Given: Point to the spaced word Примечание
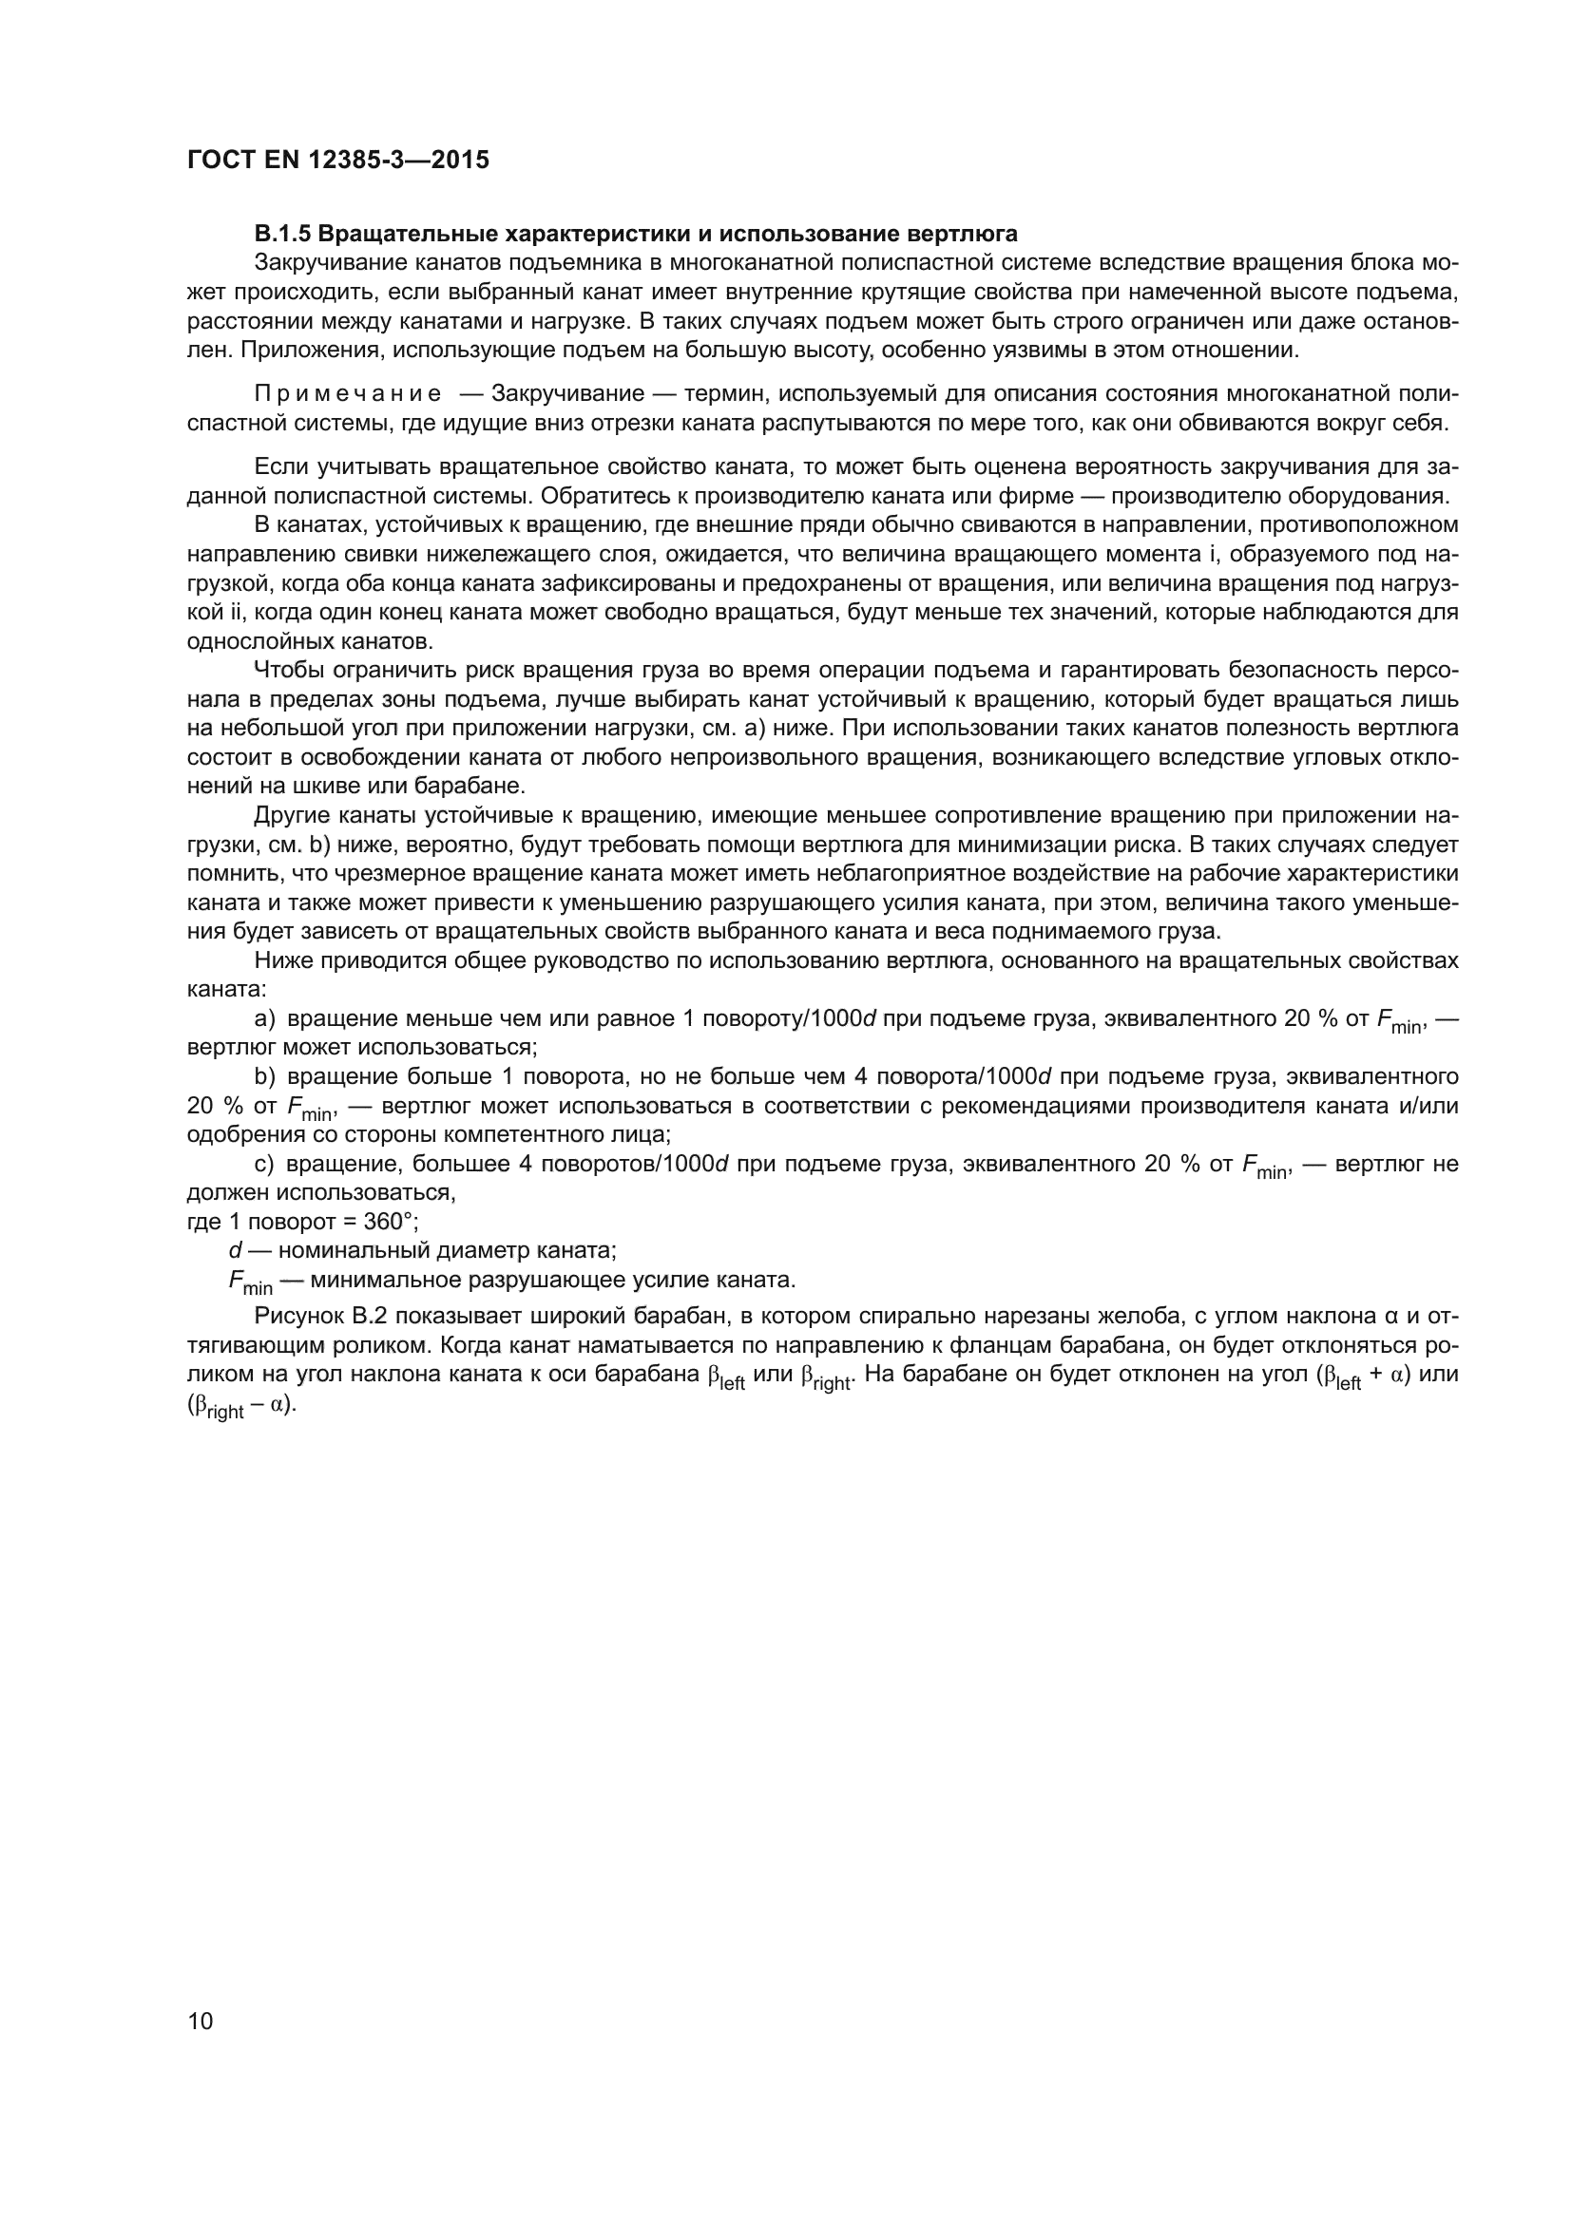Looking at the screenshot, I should pyautogui.click(x=348, y=394).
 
